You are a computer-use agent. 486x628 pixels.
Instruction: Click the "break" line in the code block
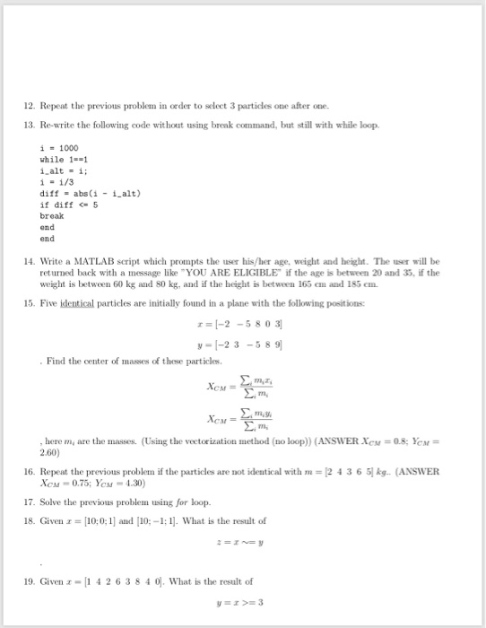coord(52,216)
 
